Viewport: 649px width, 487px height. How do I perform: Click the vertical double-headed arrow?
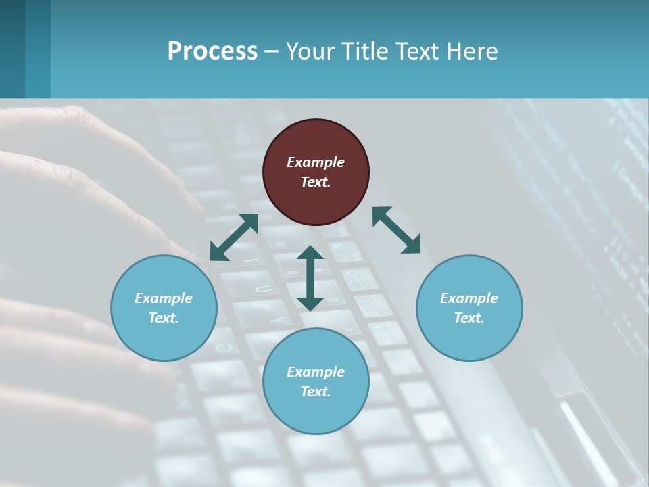click(310, 278)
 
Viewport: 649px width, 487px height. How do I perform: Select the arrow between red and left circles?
click(234, 237)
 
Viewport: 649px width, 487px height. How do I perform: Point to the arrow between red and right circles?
click(397, 230)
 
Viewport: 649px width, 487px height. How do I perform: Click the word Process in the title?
click(212, 51)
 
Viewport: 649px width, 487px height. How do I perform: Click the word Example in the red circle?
click(316, 162)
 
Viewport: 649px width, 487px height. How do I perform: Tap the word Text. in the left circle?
click(164, 318)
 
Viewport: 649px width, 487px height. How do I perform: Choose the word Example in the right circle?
click(469, 298)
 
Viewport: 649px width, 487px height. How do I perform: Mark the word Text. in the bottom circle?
click(316, 392)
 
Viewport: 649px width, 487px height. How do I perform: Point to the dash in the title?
click(272, 51)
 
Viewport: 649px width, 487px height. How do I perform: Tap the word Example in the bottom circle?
click(316, 372)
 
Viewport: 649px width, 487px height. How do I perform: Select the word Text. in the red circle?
click(316, 182)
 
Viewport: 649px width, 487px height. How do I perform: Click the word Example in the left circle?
click(164, 298)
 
